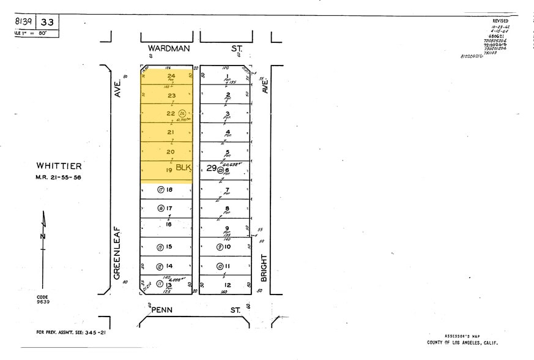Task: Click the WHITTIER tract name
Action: pos(59,166)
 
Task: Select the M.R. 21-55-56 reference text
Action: pos(59,178)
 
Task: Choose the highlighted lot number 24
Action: pos(171,77)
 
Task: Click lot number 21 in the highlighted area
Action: pos(171,132)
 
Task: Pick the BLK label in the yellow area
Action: pos(184,167)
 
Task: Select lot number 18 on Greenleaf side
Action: pos(169,190)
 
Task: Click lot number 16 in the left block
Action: pos(169,225)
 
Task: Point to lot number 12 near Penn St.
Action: pos(227,285)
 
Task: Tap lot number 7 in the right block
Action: pos(227,190)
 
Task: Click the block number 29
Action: pos(210,167)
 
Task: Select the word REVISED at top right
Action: pos(500,21)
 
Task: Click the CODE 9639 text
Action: pos(42,299)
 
